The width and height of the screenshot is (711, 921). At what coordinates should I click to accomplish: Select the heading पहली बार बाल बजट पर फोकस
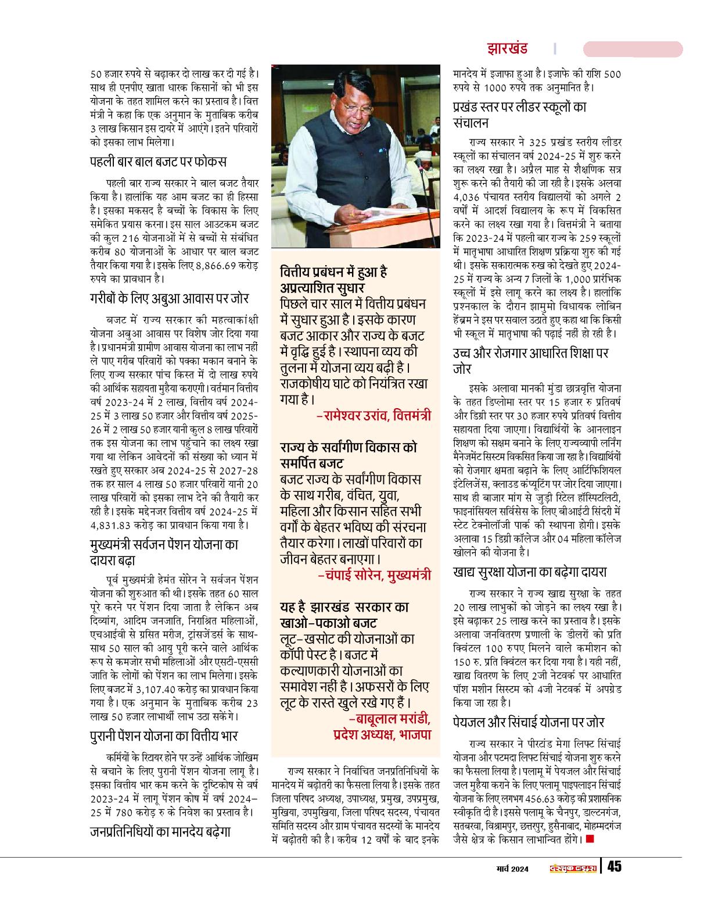pyautogui.click(x=158, y=161)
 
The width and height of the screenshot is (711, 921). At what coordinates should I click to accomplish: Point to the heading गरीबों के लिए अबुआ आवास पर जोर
pyautogui.click(x=170, y=298)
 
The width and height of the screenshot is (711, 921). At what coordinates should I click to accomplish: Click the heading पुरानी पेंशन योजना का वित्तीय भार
pyautogui.click(x=164, y=736)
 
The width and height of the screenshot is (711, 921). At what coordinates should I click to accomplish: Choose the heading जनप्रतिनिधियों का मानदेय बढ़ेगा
pyautogui.click(x=160, y=831)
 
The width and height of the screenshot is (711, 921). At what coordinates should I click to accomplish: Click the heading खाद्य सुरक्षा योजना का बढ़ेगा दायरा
pyautogui.click(x=538, y=573)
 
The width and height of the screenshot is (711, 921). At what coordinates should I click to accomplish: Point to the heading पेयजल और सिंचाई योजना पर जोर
pyautogui.click(x=529, y=722)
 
